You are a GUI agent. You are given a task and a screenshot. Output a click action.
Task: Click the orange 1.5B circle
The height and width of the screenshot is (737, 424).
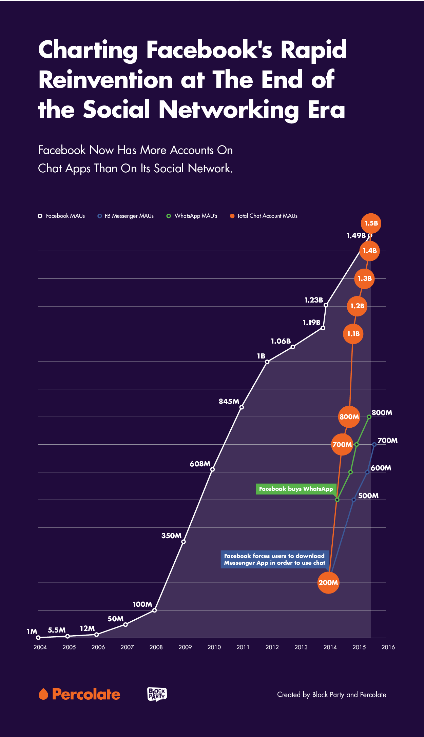point(371,224)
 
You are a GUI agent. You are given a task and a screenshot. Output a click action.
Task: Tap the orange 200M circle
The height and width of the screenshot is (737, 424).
point(328,583)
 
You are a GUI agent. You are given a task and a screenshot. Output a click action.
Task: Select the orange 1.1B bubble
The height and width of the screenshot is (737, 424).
point(353,334)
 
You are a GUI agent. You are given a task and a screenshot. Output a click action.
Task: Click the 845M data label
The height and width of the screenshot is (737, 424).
point(229,402)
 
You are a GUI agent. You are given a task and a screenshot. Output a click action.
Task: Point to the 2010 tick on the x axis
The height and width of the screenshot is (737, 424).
point(214,647)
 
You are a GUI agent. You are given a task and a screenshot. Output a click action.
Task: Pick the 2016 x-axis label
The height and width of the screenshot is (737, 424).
point(388,647)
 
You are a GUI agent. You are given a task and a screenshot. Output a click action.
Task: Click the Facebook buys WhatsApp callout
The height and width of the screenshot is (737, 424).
point(296,489)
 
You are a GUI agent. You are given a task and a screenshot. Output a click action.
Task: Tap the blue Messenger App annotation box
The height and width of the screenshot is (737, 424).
point(274,559)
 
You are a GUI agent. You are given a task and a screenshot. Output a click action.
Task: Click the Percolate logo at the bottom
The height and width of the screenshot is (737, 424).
point(79,694)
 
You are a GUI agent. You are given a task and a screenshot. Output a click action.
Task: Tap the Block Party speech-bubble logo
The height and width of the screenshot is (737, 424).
point(157,694)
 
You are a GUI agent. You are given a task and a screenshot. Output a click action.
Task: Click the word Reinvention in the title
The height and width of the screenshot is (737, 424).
point(106,80)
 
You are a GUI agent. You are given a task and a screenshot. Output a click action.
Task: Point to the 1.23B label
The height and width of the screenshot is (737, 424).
point(313,300)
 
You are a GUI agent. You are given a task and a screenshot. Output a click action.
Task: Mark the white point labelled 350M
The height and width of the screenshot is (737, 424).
point(184,542)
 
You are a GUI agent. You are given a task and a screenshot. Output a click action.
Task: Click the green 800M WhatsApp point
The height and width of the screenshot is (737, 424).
point(369,416)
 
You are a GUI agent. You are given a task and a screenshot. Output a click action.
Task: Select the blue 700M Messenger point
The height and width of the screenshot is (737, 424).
point(374,444)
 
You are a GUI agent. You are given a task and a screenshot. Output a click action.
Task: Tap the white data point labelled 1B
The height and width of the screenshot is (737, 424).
point(267,362)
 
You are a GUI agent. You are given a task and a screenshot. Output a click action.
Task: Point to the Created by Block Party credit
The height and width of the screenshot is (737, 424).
point(331,695)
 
